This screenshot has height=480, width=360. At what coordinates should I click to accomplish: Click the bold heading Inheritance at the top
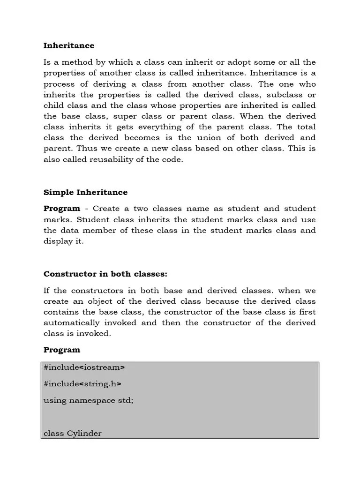[69, 45]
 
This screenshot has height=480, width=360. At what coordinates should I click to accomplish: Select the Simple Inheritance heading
[85, 192]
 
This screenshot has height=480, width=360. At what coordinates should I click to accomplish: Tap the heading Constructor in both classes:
[105, 274]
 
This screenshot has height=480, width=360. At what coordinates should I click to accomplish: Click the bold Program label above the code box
[62, 350]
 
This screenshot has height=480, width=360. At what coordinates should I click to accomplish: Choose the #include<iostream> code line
[84, 367]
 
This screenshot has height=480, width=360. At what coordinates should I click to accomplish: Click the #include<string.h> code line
[82, 384]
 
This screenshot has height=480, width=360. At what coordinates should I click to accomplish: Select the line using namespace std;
[89, 400]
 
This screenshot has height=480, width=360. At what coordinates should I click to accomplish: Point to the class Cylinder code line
[73, 433]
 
